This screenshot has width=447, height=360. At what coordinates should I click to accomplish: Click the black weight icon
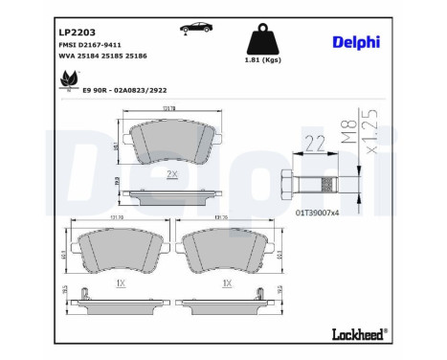coord(264,41)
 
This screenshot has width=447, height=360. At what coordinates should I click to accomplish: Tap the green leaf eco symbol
coord(67,82)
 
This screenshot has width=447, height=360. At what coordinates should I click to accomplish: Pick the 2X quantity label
coord(171,175)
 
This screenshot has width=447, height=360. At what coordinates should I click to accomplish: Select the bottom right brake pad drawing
coord(226,257)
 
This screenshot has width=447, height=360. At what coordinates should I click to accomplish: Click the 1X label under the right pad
coord(226,284)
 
